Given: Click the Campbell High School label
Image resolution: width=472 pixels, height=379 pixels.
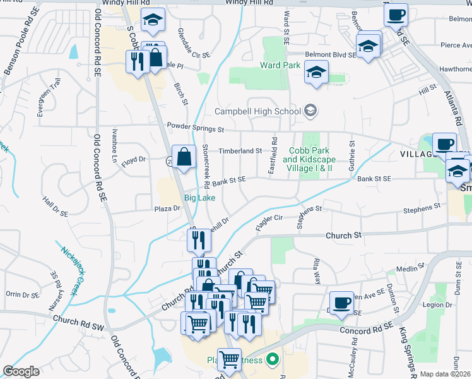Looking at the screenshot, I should [257, 111].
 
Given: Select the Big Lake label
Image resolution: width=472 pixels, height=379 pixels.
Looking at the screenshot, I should [199, 198].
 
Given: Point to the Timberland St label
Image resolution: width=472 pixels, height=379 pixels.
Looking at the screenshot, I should [240, 151].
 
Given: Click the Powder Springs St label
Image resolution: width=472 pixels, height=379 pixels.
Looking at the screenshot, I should [196, 128].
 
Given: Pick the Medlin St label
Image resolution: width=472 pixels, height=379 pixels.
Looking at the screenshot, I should [424, 268].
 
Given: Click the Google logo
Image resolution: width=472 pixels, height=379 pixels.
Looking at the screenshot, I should [20, 371].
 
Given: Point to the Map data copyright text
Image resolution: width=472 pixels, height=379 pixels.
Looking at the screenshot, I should [445, 374].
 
